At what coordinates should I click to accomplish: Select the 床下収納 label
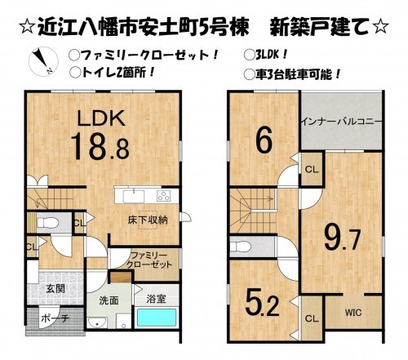[x=146, y=220]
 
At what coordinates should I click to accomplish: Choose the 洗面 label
[x=109, y=300]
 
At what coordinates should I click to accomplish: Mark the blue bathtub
[x=157, y=318]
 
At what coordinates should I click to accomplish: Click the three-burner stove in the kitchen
[x=162, y=195]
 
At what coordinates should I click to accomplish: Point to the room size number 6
[x=264, y=140]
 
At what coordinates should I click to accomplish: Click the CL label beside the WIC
[x=313, y=317]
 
